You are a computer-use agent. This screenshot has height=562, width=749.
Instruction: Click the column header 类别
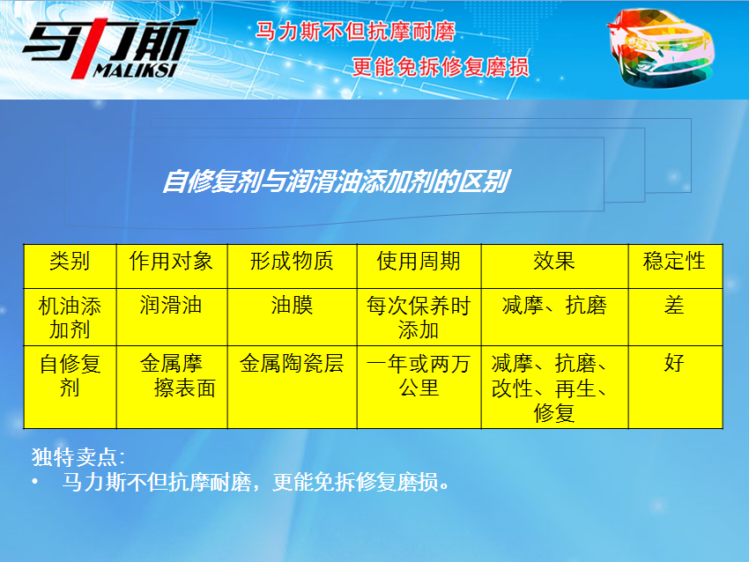(70, 262)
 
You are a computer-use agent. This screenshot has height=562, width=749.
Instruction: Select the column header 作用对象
(171, 262)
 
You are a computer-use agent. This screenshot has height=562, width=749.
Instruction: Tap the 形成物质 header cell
(292, 262)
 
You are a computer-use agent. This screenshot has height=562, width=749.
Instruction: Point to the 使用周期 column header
(419, 262)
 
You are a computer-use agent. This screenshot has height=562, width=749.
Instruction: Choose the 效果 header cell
(554, 262)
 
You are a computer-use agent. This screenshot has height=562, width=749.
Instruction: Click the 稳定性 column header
(674, 262)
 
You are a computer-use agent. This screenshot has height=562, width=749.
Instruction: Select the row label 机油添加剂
(70, 317)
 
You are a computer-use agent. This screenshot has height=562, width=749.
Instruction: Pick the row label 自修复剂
(70, 376)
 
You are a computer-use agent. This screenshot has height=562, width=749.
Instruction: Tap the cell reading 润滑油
(171, 305)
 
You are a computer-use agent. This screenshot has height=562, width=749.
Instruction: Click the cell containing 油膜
(292, 305)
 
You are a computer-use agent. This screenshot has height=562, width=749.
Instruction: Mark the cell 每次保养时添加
(419, 317)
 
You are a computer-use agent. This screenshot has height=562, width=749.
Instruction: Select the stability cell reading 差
(674, 305)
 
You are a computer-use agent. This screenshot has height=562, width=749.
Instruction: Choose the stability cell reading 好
(674, 364)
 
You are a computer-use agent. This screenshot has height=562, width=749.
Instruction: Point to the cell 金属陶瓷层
(292, 364)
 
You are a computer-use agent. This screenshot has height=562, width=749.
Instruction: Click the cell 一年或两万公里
(419, 376)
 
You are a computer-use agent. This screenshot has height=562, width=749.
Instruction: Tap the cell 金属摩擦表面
(178, 376)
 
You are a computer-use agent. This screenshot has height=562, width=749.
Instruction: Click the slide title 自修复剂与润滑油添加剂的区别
(337, 182)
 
